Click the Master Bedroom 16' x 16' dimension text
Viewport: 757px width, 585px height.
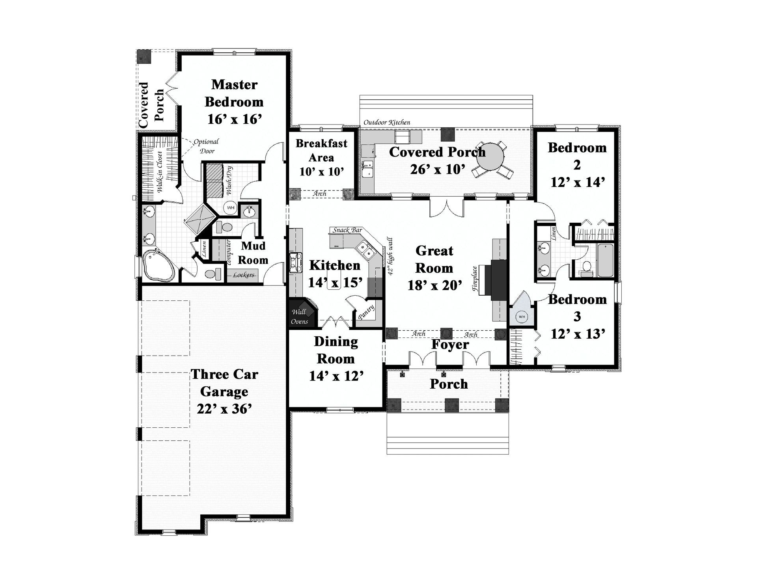coord(235,119)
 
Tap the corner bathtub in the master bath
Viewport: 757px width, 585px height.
coord(158,265)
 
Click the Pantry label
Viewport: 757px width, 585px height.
coord(366,312)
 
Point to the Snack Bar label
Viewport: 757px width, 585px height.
coord(347,230)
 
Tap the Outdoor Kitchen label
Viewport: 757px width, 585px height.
coord(387,123)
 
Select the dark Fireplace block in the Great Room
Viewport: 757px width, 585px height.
coord(498,280)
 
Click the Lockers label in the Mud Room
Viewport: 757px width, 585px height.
coord(244,275)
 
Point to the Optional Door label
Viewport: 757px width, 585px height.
coord(206,146)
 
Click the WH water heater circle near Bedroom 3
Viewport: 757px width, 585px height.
coord(522,317)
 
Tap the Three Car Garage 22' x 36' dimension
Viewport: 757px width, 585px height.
coord(224,409)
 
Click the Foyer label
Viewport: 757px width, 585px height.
coord(450,345)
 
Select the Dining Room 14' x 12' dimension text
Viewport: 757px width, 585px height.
coord(336,376)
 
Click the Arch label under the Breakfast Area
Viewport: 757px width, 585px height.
coord(320,194)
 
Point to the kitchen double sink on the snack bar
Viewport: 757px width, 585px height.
coord(365,250)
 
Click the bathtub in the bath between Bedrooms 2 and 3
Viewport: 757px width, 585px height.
coord(605,260)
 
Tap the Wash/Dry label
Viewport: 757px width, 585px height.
coord(229,181)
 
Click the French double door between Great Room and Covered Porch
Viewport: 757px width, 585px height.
coord(446,208)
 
